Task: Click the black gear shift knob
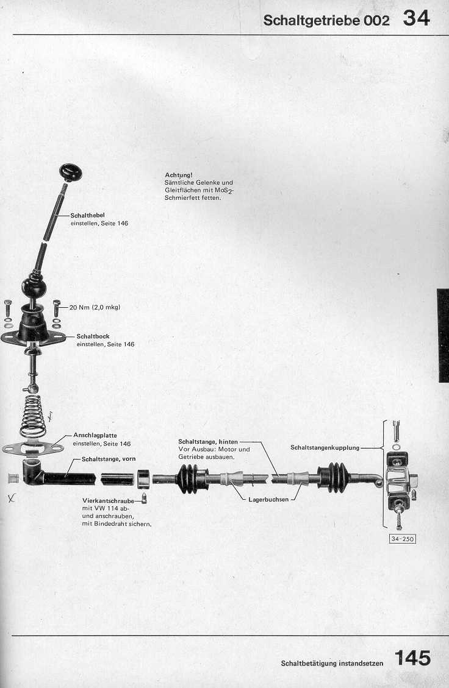pyautogui.click(x=70, y=172)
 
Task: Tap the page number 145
pyautogui.click(x=412, y=658)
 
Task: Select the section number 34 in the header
pyautogui.click(x=416, y=18)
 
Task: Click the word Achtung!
pyautogui.click(x=178, y=175)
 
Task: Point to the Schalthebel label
pyautogui.click(x=87, y=216)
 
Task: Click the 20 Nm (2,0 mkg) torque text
pyautogui.click(x=95, y=307)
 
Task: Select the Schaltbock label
pyautogui.click(x=93, y=336)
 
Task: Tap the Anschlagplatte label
pyautogui.click(x=95, y=436)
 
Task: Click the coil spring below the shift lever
pyautogui.click(x=33, y=416)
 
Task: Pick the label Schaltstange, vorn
pyautogui.click(x=109, y=459)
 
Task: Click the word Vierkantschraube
pyautogui.click(x=108, y=501)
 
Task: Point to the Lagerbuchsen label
pyautogui.click(x=268, y=499)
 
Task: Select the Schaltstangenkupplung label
pyautogui.click(x=325, y=447)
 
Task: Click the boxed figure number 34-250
pyautogui.click(x=403, y=539)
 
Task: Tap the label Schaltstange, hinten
pyautogui.click(x=208, y=442)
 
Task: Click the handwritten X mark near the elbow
pyautogui.click(x=11, y=498)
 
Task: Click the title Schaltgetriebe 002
pyautogui.click(x=326, y=20)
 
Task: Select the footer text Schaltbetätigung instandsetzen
pyautogui.click(x=332, y=664)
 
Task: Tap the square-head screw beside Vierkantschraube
pyautogui.click(x=144, y=498)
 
